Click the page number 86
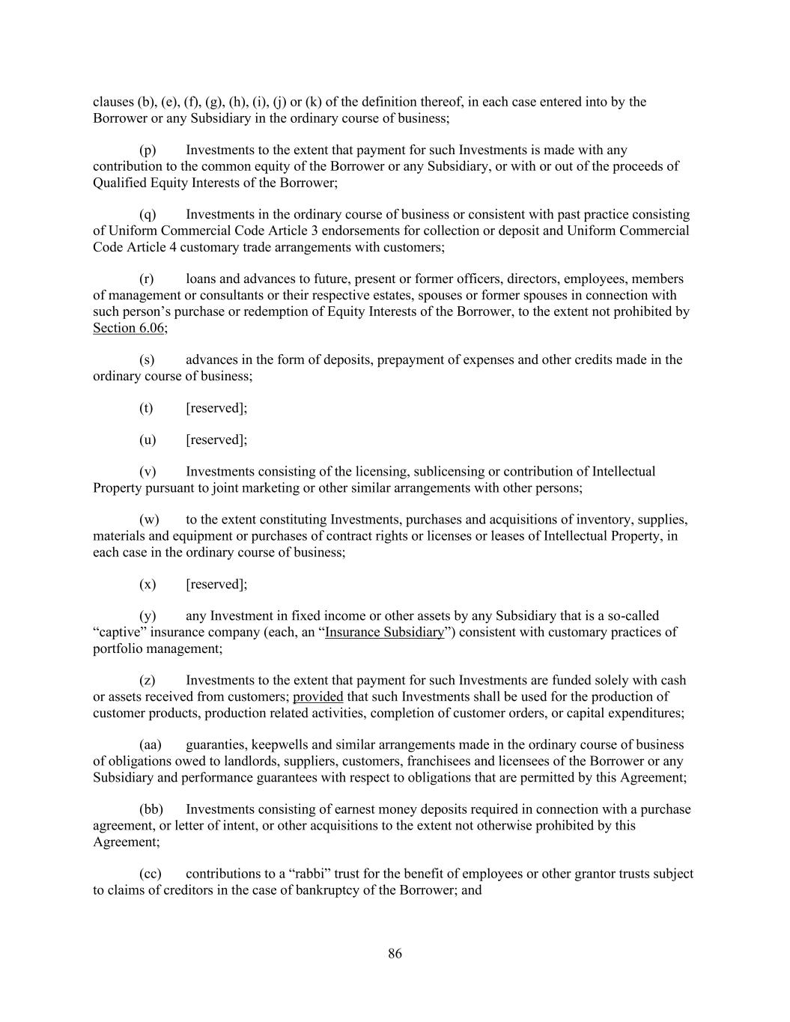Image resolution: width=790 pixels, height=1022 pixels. click(395, 953)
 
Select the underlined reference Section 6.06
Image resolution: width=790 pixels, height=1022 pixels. click(130, 328)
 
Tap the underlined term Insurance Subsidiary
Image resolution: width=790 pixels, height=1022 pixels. click(385, 632)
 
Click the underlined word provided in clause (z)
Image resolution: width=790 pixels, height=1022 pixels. click(317, 696)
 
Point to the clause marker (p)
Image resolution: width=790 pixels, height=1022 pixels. click(148, 150)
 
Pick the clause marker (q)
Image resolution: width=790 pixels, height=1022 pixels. click(148, 214)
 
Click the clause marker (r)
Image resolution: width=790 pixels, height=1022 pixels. click(147, 279)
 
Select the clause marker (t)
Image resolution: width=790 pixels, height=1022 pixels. click(146, 407)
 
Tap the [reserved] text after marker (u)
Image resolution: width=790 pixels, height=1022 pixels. click(216, 439)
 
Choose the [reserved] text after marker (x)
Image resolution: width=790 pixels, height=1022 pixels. click(216, 584)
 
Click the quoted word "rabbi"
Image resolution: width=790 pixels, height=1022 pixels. click(309, 873)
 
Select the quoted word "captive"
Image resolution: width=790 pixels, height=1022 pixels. click(118, 632)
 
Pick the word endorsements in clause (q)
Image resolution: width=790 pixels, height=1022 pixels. click(353, 231)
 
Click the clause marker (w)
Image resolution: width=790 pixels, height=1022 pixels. click(149, 520)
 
